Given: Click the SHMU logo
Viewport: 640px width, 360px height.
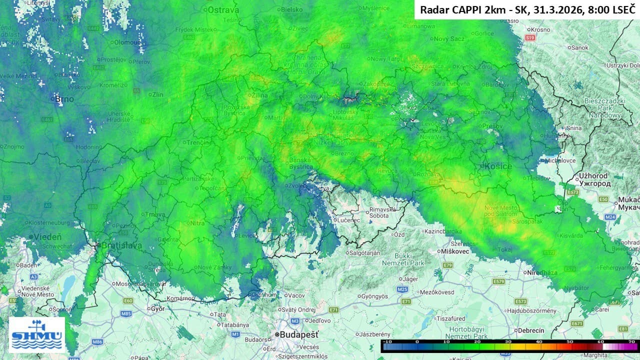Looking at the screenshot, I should tap(37, 334).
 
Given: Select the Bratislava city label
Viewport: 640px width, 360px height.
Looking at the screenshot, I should tap(121, 246).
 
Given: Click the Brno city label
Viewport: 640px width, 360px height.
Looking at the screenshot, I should tap(64, 99).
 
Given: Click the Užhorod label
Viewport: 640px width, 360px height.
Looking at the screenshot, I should tap(593, 176).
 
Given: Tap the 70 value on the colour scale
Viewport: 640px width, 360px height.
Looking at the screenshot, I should tap(631, 341).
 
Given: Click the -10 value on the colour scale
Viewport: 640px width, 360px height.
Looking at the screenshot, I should tap(386, 341).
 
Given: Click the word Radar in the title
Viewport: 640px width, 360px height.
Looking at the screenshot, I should tap(433, 9).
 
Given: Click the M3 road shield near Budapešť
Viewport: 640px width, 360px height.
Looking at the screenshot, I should tap(295, 321).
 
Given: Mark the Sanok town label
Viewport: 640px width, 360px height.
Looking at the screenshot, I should tap(579, 47).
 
